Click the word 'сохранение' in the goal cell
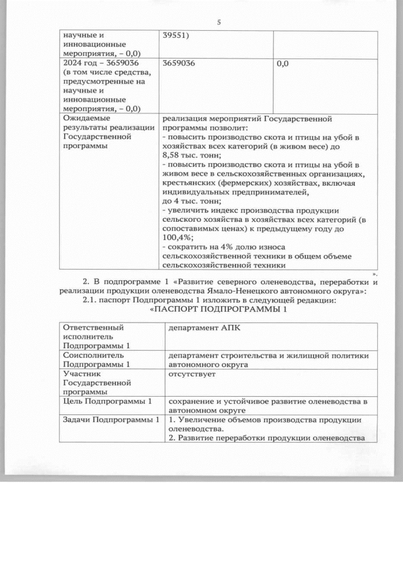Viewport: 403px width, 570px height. (191, 401)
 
